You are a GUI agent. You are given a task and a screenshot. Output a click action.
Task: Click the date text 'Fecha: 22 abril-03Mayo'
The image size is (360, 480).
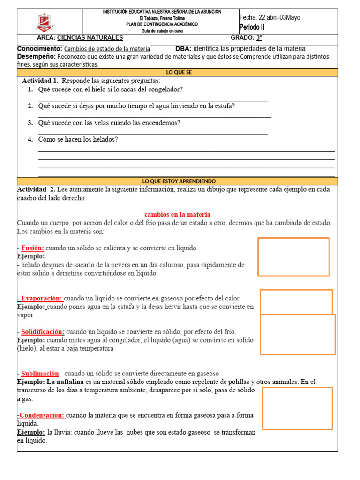pyautogui.click(x=270, y=18)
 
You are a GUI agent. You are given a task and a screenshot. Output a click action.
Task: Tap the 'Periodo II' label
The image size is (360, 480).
pyautogui.click(x=252, y=27)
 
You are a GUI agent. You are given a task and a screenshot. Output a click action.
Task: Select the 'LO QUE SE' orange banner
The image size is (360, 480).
pyautogui.click(x=179, y=73)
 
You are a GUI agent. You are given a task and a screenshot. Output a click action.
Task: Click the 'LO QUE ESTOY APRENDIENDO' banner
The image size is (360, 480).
pyautogui.click(x=179, y=181)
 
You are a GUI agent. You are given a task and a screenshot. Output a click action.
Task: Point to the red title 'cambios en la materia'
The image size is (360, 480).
pyautogui.click(x=177, y=214)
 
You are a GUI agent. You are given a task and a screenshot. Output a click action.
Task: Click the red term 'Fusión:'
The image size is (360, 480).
pyautogui.click(x=33, y=248)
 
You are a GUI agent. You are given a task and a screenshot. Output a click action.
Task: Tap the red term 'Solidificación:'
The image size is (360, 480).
pyautogui.click(x=43, y=332)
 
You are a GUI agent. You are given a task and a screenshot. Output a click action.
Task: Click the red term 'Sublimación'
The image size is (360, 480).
pyautogui.click(x=40, y=374)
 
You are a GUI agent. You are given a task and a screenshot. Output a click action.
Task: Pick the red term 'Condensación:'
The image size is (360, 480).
pyautogui.click(x=42, y=415)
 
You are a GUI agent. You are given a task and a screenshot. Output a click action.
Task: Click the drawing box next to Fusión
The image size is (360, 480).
pyautogui.click(x=293, y=256)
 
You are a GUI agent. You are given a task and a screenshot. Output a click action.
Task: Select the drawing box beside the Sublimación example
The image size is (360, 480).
pyautogui.click(x=297, y=408)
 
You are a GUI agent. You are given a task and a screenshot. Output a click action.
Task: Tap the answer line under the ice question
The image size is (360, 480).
pyautogui.click(x=153, y=100)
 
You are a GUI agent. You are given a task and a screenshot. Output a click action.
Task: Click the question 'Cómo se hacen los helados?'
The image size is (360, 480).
pyautogui.click(x=78, y=140)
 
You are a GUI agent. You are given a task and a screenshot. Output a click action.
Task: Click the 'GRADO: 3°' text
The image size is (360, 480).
pyautogui.click(x=246, y=38)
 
